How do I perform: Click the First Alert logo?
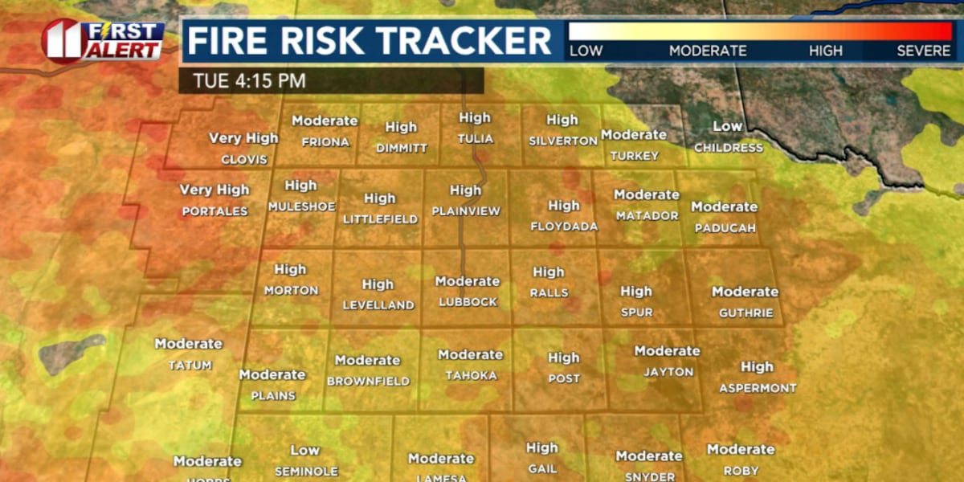coord(102,40)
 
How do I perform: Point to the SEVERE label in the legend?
coord(924,51)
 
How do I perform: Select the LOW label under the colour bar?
coord(586,51)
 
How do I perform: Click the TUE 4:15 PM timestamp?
coord(249,81)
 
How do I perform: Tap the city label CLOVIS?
coord(244,159)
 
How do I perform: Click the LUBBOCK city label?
coord(468,302)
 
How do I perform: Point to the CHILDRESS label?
coord(728,148)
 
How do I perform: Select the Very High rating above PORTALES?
coord(214,190)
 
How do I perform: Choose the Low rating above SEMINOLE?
coord(305,450)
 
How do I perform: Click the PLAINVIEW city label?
coord(466,211)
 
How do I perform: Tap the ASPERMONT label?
coord(758,388)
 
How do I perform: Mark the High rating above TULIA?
coord(475,117)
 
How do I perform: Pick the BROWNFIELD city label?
coord(368,382)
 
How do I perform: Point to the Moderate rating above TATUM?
coord(188,343)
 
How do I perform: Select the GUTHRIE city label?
coord(745,312)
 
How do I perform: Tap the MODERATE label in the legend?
coord(708,51)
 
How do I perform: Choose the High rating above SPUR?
coord(636,291)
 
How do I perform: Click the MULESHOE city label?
coord(301,206)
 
